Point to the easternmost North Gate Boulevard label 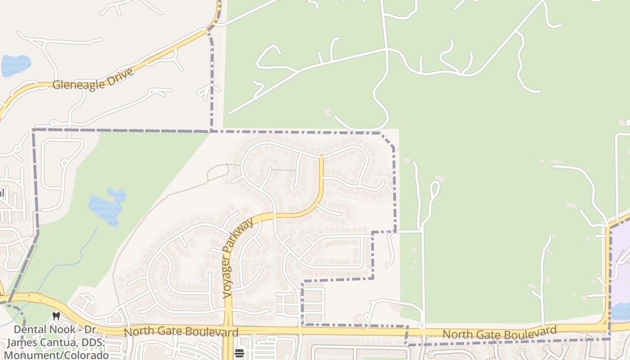pyautogui.click(x=499, y=333)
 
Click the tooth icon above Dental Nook pyautogui.click(x=56, y=316)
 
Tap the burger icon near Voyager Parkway pyautogui.click(x=239, y=353)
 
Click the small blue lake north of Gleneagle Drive pyautogui.click(x=16, y=65)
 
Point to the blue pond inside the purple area pyautogui.click(x=621, y=311)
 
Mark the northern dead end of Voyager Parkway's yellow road pyautogui.click(x=321, y=157)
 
